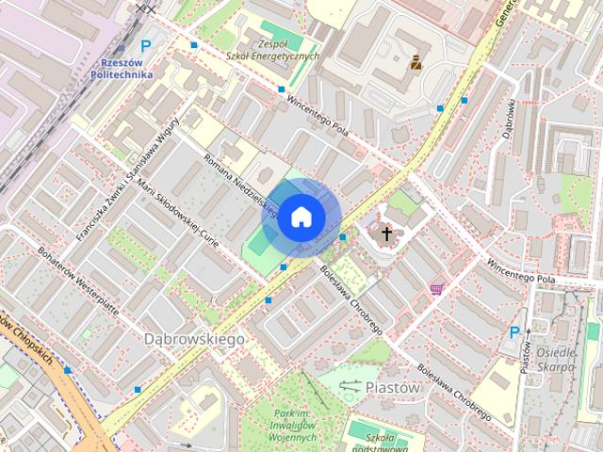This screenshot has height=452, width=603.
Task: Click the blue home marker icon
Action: [300, 217]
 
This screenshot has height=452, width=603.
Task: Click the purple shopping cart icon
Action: [435, 288]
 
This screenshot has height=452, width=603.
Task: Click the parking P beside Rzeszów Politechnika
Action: [145, 44]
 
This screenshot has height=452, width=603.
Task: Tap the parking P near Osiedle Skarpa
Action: [514, 332]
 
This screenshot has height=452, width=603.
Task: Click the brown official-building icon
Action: [416, 64]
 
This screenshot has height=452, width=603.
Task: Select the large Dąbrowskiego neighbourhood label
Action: [195, 337]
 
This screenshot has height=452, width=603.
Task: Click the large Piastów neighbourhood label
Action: [391, 386]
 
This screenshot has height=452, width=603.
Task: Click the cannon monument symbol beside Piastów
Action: [350, 386]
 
